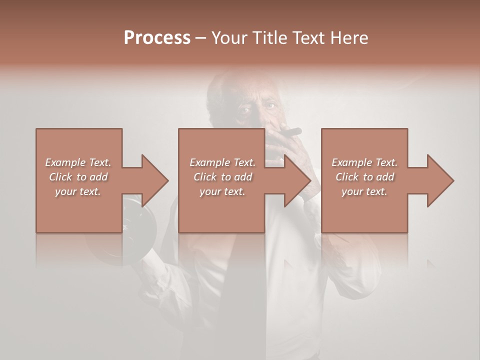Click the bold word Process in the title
(157, 38)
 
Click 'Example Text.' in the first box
(78, 162)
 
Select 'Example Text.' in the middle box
(222, 162)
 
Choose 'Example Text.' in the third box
(364, 162)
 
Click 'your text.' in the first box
(78, 191)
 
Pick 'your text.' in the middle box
(222, 191)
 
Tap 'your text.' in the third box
(364, 191)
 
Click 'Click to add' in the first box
(78, 177)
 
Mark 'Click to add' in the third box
(364, 177)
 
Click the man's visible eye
(270, 105)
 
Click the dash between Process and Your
(201, 38)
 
